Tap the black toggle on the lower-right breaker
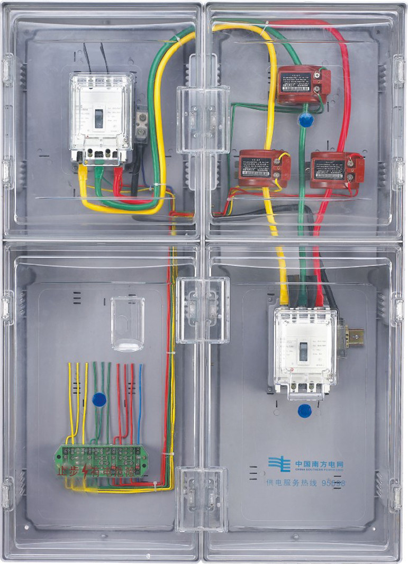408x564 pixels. pyautogui.click(x=303, y=351)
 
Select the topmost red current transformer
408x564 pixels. pyautogui.click(x=303, y=84)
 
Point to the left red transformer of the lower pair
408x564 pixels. pyautogui.click(x=263, y=168)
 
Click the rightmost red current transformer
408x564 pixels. pyautogui.click(x=336, y=169)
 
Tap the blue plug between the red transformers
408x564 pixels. pyautogui.click(x=306, y=120)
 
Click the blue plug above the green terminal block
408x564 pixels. pyautogui.click(x=99, y=399)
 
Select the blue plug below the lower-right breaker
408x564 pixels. pyautogui.click(x=304, y=410)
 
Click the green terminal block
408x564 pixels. pyautogui.click(x=101, y=456)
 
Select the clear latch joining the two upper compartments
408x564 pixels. pyautogui.click(x=203, y=120)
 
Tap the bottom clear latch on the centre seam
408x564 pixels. pyautogui.click(x=203, y=498)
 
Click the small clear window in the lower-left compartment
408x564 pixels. pyautogui.click(x=128, y=323)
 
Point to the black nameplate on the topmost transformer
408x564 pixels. pyautogui.click(x=296, y=83)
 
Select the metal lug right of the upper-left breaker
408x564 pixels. pyautogui.click(x=141, y=125)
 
